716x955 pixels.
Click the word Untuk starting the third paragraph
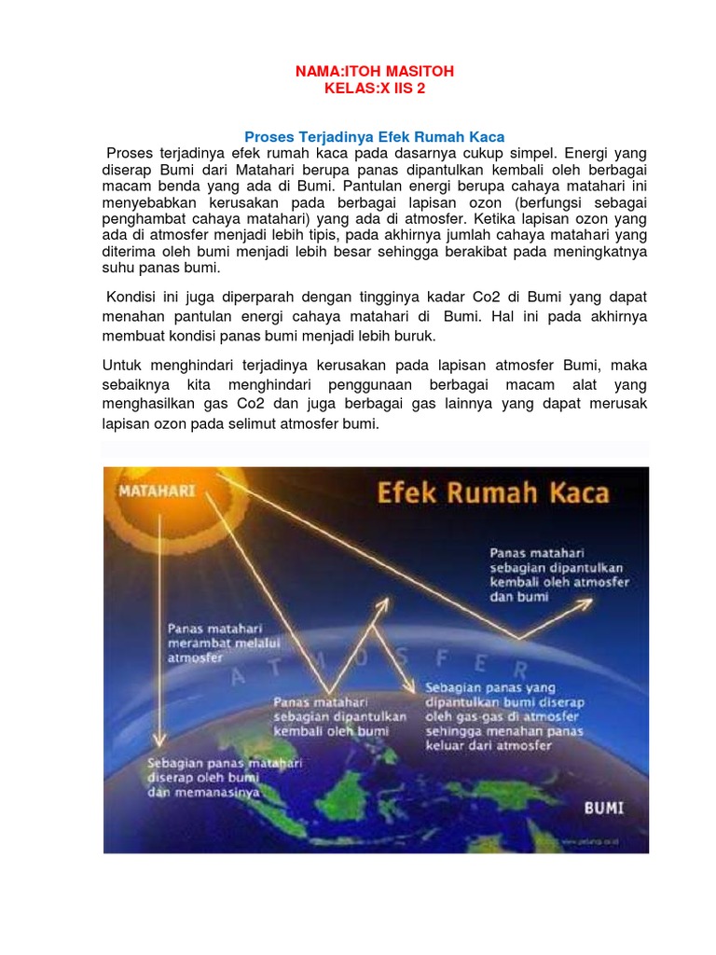[121, 366]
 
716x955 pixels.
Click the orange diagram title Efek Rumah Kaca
[493, 493]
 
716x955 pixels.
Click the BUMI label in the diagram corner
[603, 808]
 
